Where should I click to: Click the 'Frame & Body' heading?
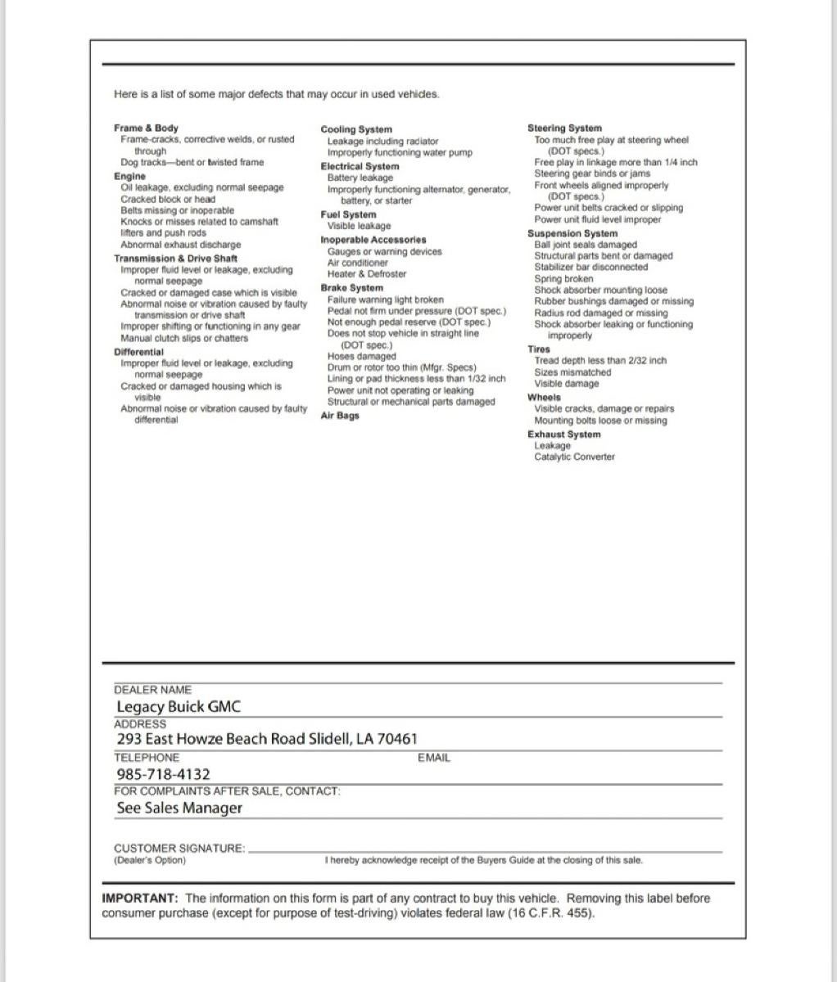click(146, 128)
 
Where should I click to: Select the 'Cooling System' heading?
click(356, 129)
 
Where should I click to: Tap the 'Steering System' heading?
click(564, 128)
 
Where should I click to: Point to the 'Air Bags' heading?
click(340, 416)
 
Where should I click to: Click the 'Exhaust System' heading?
click(563, 435)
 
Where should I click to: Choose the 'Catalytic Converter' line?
click(574, 457)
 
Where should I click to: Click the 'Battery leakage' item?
click(360, 178)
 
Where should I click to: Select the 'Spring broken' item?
click(563, 279)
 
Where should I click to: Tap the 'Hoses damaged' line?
click(361, 357)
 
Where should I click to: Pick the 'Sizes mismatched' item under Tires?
click(572, 372)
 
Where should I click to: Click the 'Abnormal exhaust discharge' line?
click(181, 245)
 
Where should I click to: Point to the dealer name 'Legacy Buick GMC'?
click(179, 707)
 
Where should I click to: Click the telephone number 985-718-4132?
click(163, 774)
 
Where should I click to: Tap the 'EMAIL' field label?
click(434, 758)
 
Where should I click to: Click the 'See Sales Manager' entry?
click(179, 809)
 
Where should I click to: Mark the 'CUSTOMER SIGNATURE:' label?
click(179, 849)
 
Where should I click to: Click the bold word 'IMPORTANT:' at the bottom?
click(140, 899)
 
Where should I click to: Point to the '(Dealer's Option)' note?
click(150, 860)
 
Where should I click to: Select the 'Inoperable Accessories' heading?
click(373, 240)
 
